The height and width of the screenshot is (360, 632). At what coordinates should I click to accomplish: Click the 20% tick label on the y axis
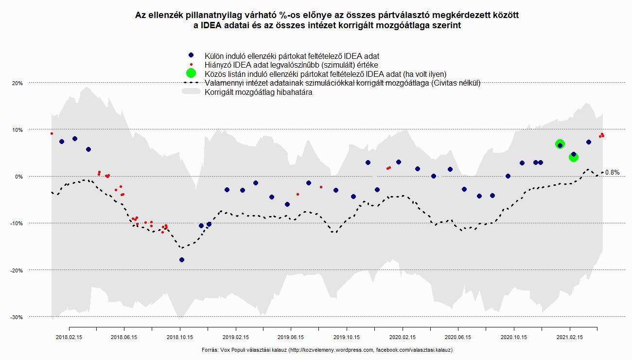18,83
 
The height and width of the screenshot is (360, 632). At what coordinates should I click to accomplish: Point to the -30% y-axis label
17,317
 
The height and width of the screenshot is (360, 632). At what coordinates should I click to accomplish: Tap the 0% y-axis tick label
18,177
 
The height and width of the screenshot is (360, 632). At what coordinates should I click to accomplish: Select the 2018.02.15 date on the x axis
69,336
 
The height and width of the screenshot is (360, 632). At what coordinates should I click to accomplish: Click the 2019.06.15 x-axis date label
291,336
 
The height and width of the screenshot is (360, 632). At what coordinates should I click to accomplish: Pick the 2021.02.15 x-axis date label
569,336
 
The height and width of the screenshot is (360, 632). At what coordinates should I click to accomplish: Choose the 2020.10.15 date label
514,336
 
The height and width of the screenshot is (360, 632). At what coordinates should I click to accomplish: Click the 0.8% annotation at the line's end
613,173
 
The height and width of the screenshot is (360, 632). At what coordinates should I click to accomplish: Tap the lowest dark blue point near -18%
182,260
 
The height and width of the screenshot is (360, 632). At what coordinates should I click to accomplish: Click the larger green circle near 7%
560,144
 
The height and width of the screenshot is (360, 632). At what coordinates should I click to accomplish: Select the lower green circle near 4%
573,157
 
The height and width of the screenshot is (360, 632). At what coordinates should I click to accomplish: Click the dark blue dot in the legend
191,56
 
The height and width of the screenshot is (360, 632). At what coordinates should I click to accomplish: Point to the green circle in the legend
191,73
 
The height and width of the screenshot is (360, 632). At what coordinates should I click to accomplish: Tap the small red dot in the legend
191,65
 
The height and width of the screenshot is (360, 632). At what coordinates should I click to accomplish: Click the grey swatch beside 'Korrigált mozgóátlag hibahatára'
191,92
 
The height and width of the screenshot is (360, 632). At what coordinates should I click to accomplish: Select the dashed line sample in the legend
191,83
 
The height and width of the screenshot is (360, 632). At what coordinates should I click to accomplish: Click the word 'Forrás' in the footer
209,350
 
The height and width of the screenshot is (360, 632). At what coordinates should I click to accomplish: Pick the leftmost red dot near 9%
52,133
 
